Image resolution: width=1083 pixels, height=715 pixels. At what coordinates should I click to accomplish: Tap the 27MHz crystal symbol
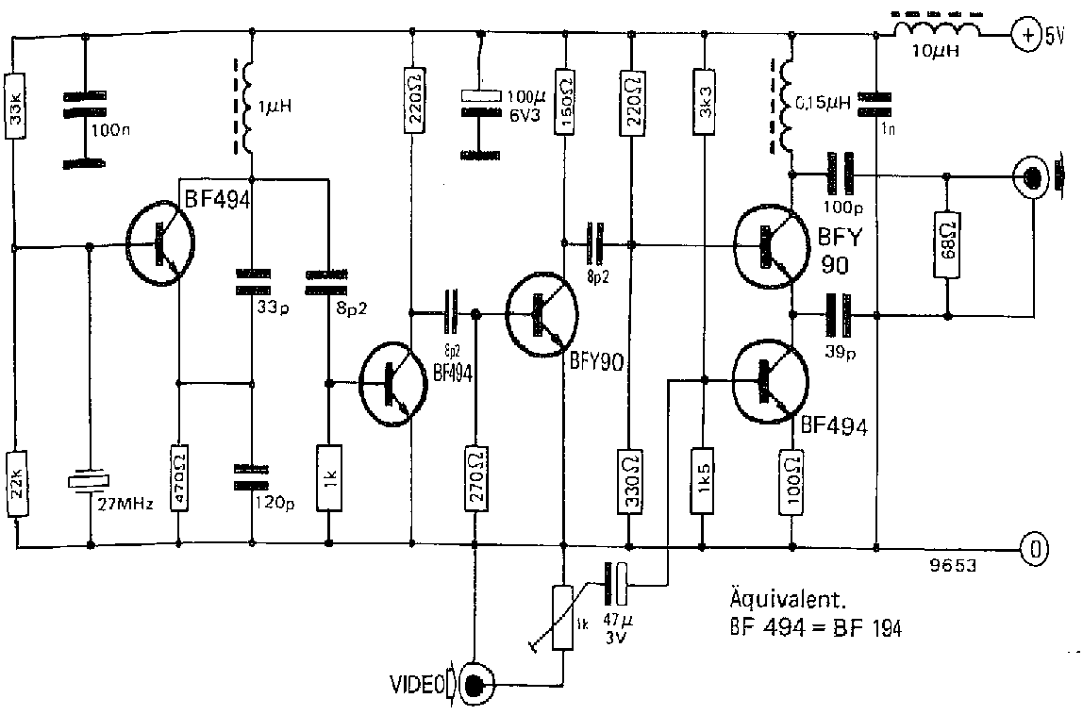point(91,479)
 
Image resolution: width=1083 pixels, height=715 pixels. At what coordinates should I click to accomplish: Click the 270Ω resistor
point(475,477)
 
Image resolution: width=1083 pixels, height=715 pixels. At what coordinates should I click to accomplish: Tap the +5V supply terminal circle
point(1024,35)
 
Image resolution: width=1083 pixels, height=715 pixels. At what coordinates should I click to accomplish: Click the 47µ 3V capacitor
point(619,583)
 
